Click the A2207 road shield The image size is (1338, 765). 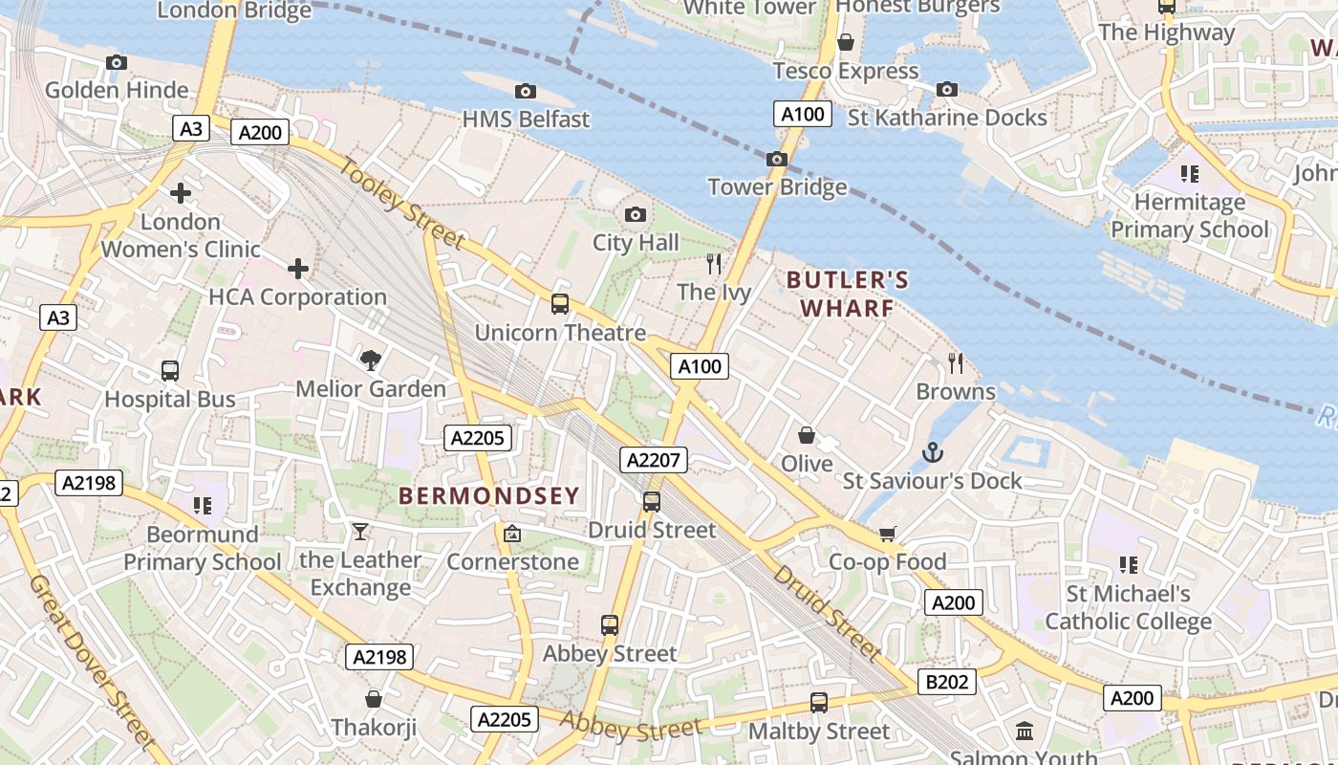point(654,460)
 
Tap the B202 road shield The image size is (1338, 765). point(947,682)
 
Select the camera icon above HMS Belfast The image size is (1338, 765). point(525,91)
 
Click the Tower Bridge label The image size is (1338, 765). point(777,186)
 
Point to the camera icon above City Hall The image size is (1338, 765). point(635,214)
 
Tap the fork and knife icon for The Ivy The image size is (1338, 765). point(713,264)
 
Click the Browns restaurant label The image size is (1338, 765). point(955,391)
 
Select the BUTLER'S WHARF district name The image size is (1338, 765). point(847,294)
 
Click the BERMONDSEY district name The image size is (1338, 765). point(488,495)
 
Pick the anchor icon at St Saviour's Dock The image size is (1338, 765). point(932,451)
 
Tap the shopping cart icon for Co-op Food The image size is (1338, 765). point(888,534)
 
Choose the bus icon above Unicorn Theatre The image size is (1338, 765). point(560,304)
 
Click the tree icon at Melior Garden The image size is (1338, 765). point(370,361)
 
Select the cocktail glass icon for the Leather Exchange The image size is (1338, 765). point(360,532)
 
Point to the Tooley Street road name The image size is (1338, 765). point(401,204)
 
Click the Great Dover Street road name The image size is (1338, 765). point(90,660)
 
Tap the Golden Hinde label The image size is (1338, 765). point(117,90)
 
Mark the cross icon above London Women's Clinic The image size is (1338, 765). point(180,193)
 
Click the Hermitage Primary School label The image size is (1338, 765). point(1190,216)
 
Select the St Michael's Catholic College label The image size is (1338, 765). point(1128,607)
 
